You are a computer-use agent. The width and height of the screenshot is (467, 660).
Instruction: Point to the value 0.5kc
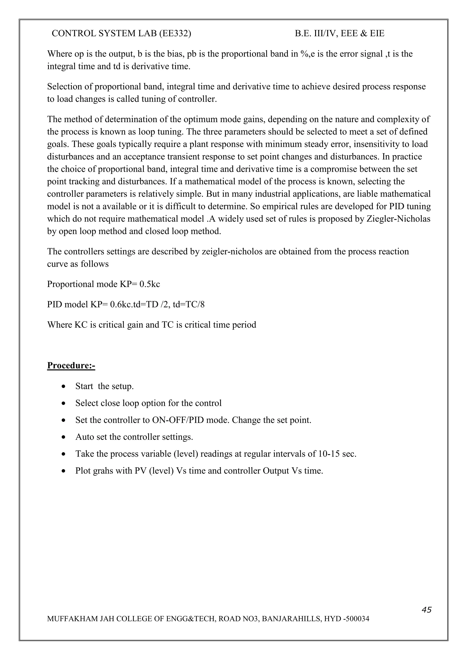tap(150, 284)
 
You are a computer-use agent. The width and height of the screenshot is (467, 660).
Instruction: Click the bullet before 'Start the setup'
tap(64, 387)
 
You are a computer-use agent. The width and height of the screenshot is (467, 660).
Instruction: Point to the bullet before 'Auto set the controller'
tap(64, 437)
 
